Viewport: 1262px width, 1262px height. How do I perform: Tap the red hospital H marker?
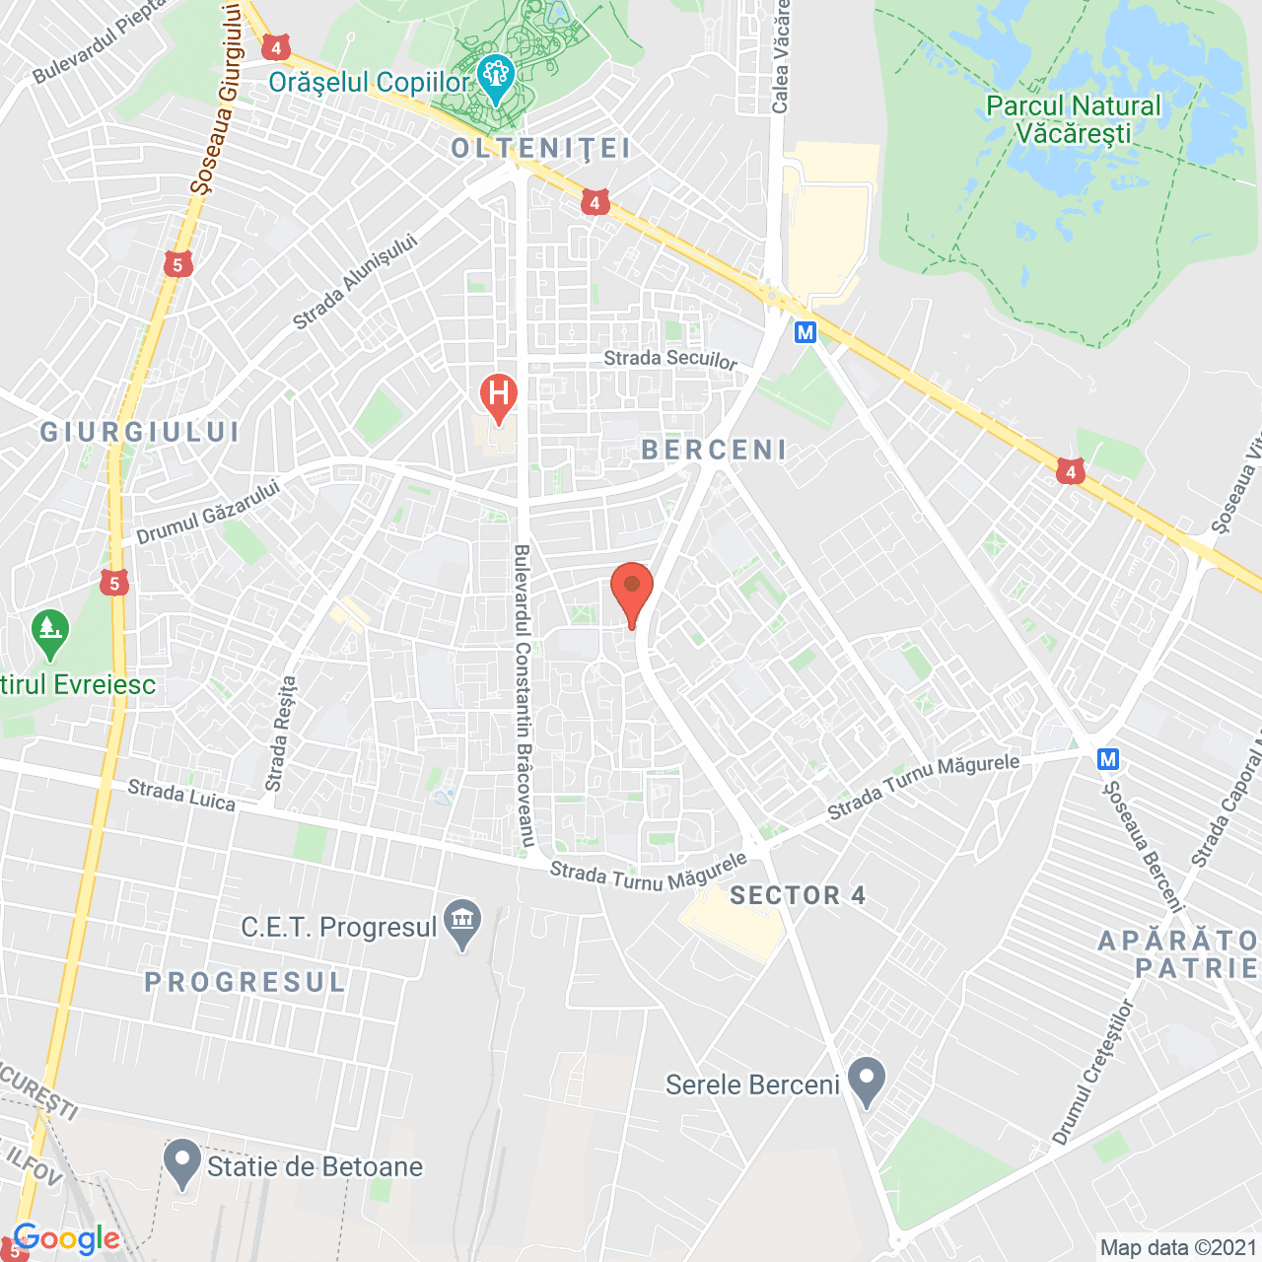coord(499,397)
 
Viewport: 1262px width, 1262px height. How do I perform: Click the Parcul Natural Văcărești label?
coord(1074,119)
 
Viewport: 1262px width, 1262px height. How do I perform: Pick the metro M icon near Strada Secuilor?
coord(806,332)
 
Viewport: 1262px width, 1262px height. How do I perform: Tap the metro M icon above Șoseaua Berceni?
coord(1108,759)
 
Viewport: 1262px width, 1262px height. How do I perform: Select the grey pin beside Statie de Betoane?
coord(181,1162)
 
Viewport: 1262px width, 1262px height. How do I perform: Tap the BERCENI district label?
coord(714,451)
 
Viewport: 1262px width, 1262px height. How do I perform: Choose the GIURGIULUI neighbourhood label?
coord(140,432)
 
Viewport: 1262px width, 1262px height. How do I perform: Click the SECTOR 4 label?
coord(798,895)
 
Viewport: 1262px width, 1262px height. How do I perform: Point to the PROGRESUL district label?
coord(245,982)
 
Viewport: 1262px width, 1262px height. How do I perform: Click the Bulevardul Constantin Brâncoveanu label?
coord(524,695)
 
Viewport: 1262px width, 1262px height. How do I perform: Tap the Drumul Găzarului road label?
coord(208,514)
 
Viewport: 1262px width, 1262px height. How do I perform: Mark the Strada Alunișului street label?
coord(355,282)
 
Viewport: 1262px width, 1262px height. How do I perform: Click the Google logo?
coord(66,1238)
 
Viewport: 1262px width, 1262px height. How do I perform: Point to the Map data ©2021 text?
coord(1178,1247)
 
